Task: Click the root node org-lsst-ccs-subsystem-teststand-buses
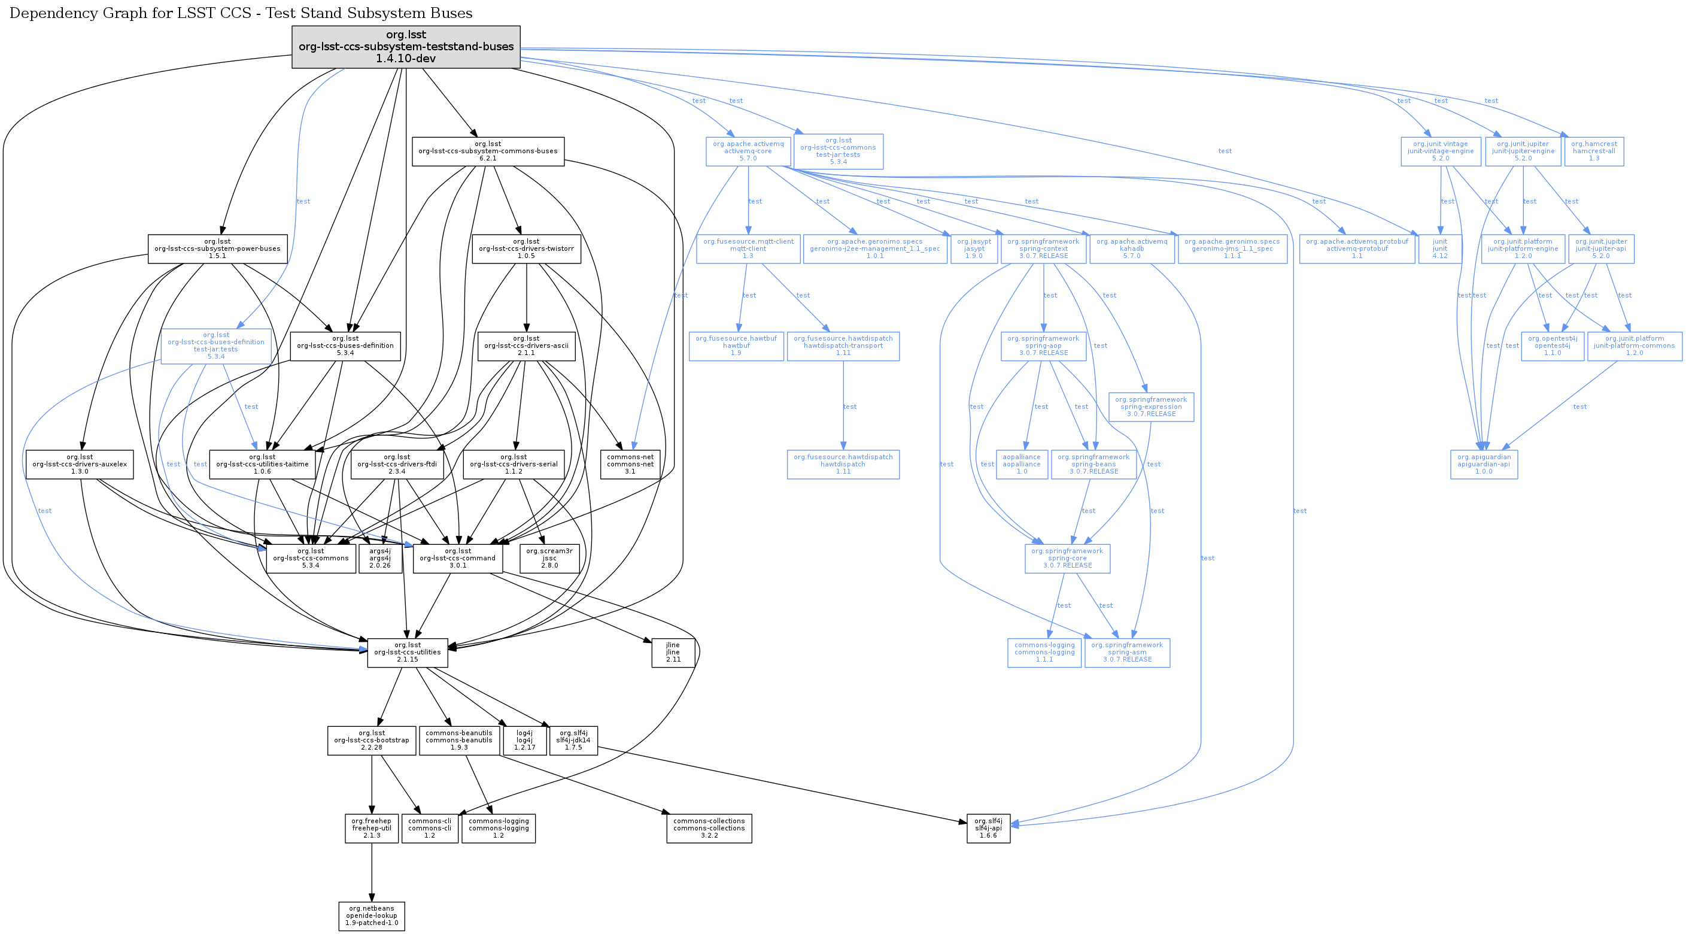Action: point(406,47)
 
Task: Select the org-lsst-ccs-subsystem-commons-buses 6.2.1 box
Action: point(488,151)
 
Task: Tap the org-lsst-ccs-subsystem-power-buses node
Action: point(217,248)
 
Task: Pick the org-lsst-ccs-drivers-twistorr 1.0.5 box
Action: point(526,248)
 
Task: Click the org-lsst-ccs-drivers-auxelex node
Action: point(79,464)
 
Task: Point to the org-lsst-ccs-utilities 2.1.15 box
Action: point(407,653)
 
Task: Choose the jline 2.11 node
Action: point(673,653)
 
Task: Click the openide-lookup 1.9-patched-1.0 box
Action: point(372,915)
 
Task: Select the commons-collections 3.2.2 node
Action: point(709,828)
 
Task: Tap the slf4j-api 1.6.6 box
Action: point(988,828)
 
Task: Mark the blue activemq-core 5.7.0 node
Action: point(748,151)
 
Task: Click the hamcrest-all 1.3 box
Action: point(1594,151)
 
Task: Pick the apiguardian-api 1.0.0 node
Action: point(1484,464)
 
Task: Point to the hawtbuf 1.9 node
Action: point(736,345)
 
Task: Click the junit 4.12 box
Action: point(1439,248)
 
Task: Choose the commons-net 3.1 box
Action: point(630,464)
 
